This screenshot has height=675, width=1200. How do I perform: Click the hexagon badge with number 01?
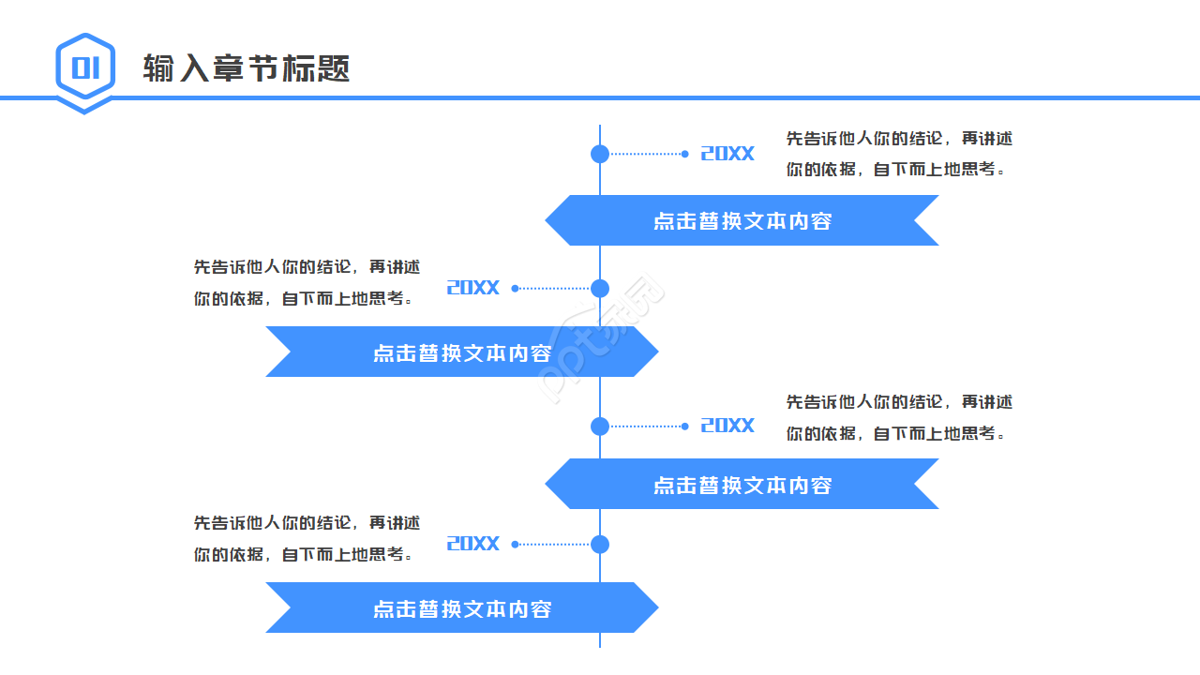tap(85, 69)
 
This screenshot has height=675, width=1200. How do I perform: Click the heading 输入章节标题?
tap(247, 68)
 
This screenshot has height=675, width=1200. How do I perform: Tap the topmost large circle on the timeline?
tap(600, 154)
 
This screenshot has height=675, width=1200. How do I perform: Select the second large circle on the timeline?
tap(600, 288)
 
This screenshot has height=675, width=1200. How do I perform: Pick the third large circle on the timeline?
tap(600, 426)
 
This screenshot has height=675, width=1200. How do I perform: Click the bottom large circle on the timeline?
tap(600, 544)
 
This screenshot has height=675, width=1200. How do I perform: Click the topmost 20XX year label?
tap(727, 154)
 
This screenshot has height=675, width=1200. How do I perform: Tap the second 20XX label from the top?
tap(473, 288)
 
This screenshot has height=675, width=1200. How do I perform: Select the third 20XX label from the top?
tap(727, 426)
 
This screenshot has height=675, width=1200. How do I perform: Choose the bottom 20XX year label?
tap(473, 544)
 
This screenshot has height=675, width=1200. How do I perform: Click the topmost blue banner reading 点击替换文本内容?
tap(742, 221)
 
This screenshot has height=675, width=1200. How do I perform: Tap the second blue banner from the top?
tap(462, 352)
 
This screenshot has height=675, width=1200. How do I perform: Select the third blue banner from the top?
tap(742, 485)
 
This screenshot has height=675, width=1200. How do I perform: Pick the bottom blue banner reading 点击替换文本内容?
tap(462, 608)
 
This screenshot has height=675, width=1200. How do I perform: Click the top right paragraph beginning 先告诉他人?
tap(898, 154)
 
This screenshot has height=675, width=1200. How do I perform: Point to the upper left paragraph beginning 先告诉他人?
tap(307, 282)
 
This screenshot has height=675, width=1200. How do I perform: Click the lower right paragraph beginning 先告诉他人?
tap(898, 417)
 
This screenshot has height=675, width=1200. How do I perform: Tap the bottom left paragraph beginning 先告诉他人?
tap(307, 538)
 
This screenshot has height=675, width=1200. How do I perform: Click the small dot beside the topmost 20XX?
tap(685, 154)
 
